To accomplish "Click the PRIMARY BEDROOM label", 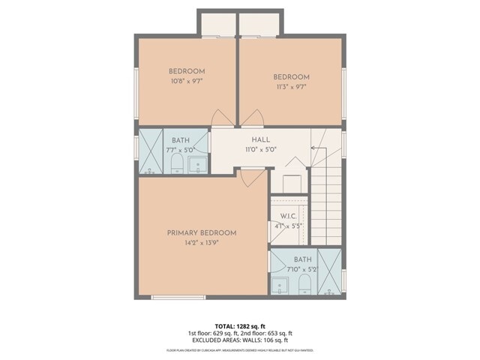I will [202, 232].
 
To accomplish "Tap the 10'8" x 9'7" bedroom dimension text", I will [187, 80].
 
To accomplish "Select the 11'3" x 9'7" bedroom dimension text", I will [291, 86].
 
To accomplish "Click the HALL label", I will [261, 139].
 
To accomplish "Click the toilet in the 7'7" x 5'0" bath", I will [177, 163].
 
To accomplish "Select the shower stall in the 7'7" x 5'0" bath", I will [151, 152].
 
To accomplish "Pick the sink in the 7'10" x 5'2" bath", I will [279, 285].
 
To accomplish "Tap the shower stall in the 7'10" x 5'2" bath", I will [328, 271].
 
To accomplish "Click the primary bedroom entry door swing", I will [253, 178].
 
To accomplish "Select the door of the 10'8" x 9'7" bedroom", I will [223, 118].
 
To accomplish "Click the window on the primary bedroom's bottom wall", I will [178, 298].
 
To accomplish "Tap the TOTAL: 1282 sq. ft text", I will [240, 325].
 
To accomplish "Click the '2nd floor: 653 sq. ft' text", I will [265, 333].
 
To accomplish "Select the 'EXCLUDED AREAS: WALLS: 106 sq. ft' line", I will [240, 340].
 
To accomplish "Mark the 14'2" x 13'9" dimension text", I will [202, 243].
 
